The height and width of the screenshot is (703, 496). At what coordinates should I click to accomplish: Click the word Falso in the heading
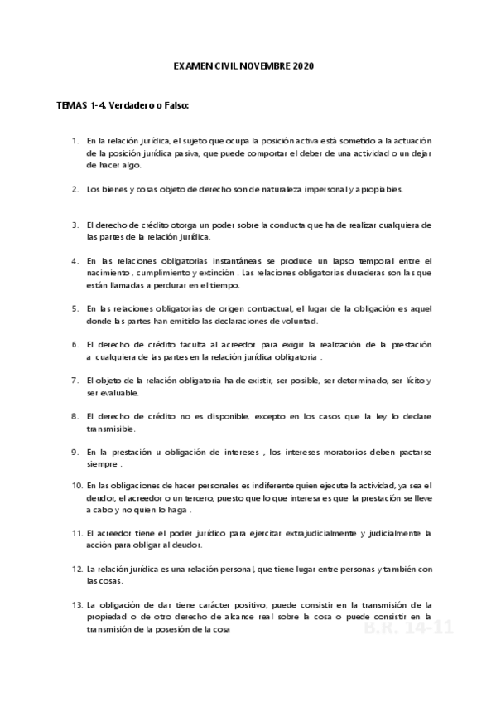176,107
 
